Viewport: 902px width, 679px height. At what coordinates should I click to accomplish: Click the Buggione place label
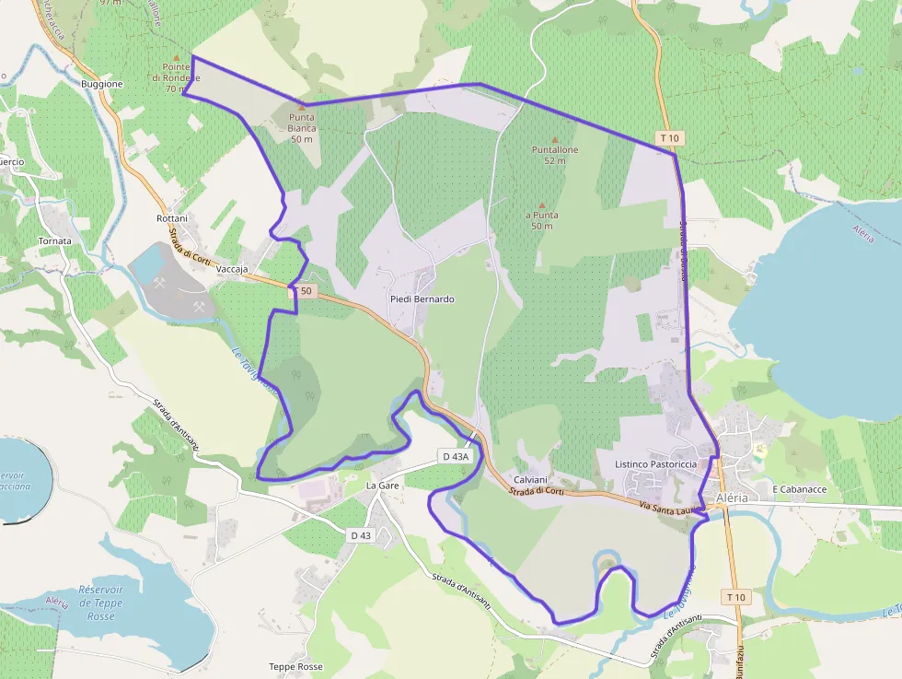point(101,84)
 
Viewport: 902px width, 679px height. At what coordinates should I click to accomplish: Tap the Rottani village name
point(172,218)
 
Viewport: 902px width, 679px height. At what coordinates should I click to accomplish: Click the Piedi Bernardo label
point(422,299)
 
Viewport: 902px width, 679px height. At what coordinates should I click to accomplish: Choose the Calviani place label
point(531,480)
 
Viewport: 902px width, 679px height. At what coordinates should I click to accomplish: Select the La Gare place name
point(382,485)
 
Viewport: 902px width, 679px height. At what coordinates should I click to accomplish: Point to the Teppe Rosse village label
point(295,666)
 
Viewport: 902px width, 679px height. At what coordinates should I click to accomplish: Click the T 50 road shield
point(304,291)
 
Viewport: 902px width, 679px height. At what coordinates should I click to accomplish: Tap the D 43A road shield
point(456,456)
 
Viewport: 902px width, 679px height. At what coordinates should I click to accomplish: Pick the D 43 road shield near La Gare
point(361,535)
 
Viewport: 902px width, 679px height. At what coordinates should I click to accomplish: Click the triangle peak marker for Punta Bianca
point(301,108)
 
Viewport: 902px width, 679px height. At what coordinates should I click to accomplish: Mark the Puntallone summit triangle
point(554,139)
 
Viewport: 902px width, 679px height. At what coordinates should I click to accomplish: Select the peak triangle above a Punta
point(542,205)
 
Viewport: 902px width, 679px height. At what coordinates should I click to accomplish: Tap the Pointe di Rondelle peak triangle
point(176,55)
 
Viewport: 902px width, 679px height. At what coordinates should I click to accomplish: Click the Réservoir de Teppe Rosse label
point(100,603)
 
